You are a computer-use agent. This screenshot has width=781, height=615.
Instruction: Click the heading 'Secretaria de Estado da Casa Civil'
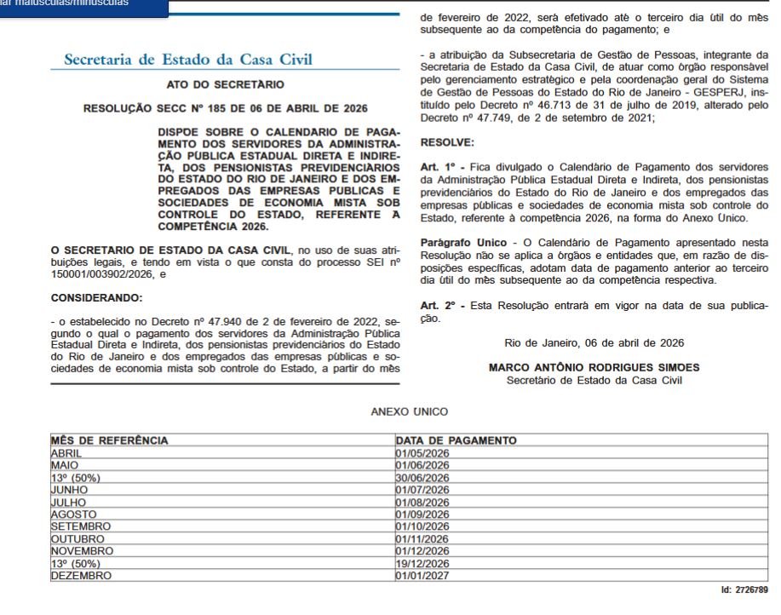pyautogui.click(x=188, y=60)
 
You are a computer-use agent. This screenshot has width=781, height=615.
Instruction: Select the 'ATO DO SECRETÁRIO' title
pyautogui.click(x=225, y=85)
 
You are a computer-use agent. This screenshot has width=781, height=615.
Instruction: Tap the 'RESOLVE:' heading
pyautogui.click(x=447, y=142)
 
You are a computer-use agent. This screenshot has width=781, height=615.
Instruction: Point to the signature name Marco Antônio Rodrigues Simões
pyautogui.click(x=594, y=367)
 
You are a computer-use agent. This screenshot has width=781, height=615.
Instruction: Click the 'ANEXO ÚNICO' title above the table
pyautogui.click(x=409, y=411)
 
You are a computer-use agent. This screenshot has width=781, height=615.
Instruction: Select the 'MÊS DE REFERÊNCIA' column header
pyautogui.click(x=110, y=440)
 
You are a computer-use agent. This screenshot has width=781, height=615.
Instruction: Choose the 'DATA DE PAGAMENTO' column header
pyautogui.click(x=456, y=440)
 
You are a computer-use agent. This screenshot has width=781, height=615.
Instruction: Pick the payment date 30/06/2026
pyautogui.click(x=422, y=478)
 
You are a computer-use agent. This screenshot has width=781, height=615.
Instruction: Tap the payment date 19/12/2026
pyautogui.click(x=422, y=563)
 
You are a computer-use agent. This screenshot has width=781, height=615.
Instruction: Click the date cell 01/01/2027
pyautogui.click(x=422, y=575)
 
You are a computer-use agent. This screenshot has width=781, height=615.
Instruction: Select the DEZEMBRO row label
pyautogui.click(x=81, y=575)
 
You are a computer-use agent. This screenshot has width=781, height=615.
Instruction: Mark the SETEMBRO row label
pyautogui.click(x=81, y=526)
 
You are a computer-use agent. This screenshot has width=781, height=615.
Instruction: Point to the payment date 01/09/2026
pyautogui.click(x=422, y=514)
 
